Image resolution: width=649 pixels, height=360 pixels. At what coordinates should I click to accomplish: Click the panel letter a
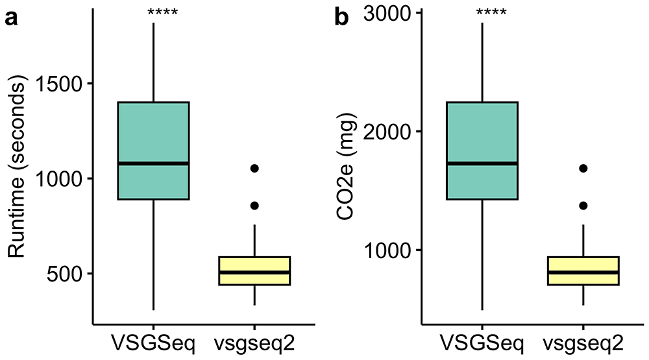(11, 18)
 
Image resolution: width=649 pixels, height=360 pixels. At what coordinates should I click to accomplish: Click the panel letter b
(341, 18)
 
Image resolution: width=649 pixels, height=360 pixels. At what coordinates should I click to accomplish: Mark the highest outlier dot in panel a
(254, 168)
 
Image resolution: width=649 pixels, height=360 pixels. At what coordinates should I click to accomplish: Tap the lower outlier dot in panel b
(583, 206)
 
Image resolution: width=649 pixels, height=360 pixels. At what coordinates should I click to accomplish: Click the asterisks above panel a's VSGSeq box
(153, 12)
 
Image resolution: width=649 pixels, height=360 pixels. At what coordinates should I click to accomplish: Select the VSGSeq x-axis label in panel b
(482, 342)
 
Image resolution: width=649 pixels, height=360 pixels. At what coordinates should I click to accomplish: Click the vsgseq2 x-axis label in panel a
(254, 342)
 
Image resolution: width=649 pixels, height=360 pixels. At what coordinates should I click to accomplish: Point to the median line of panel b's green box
(482, 163)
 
